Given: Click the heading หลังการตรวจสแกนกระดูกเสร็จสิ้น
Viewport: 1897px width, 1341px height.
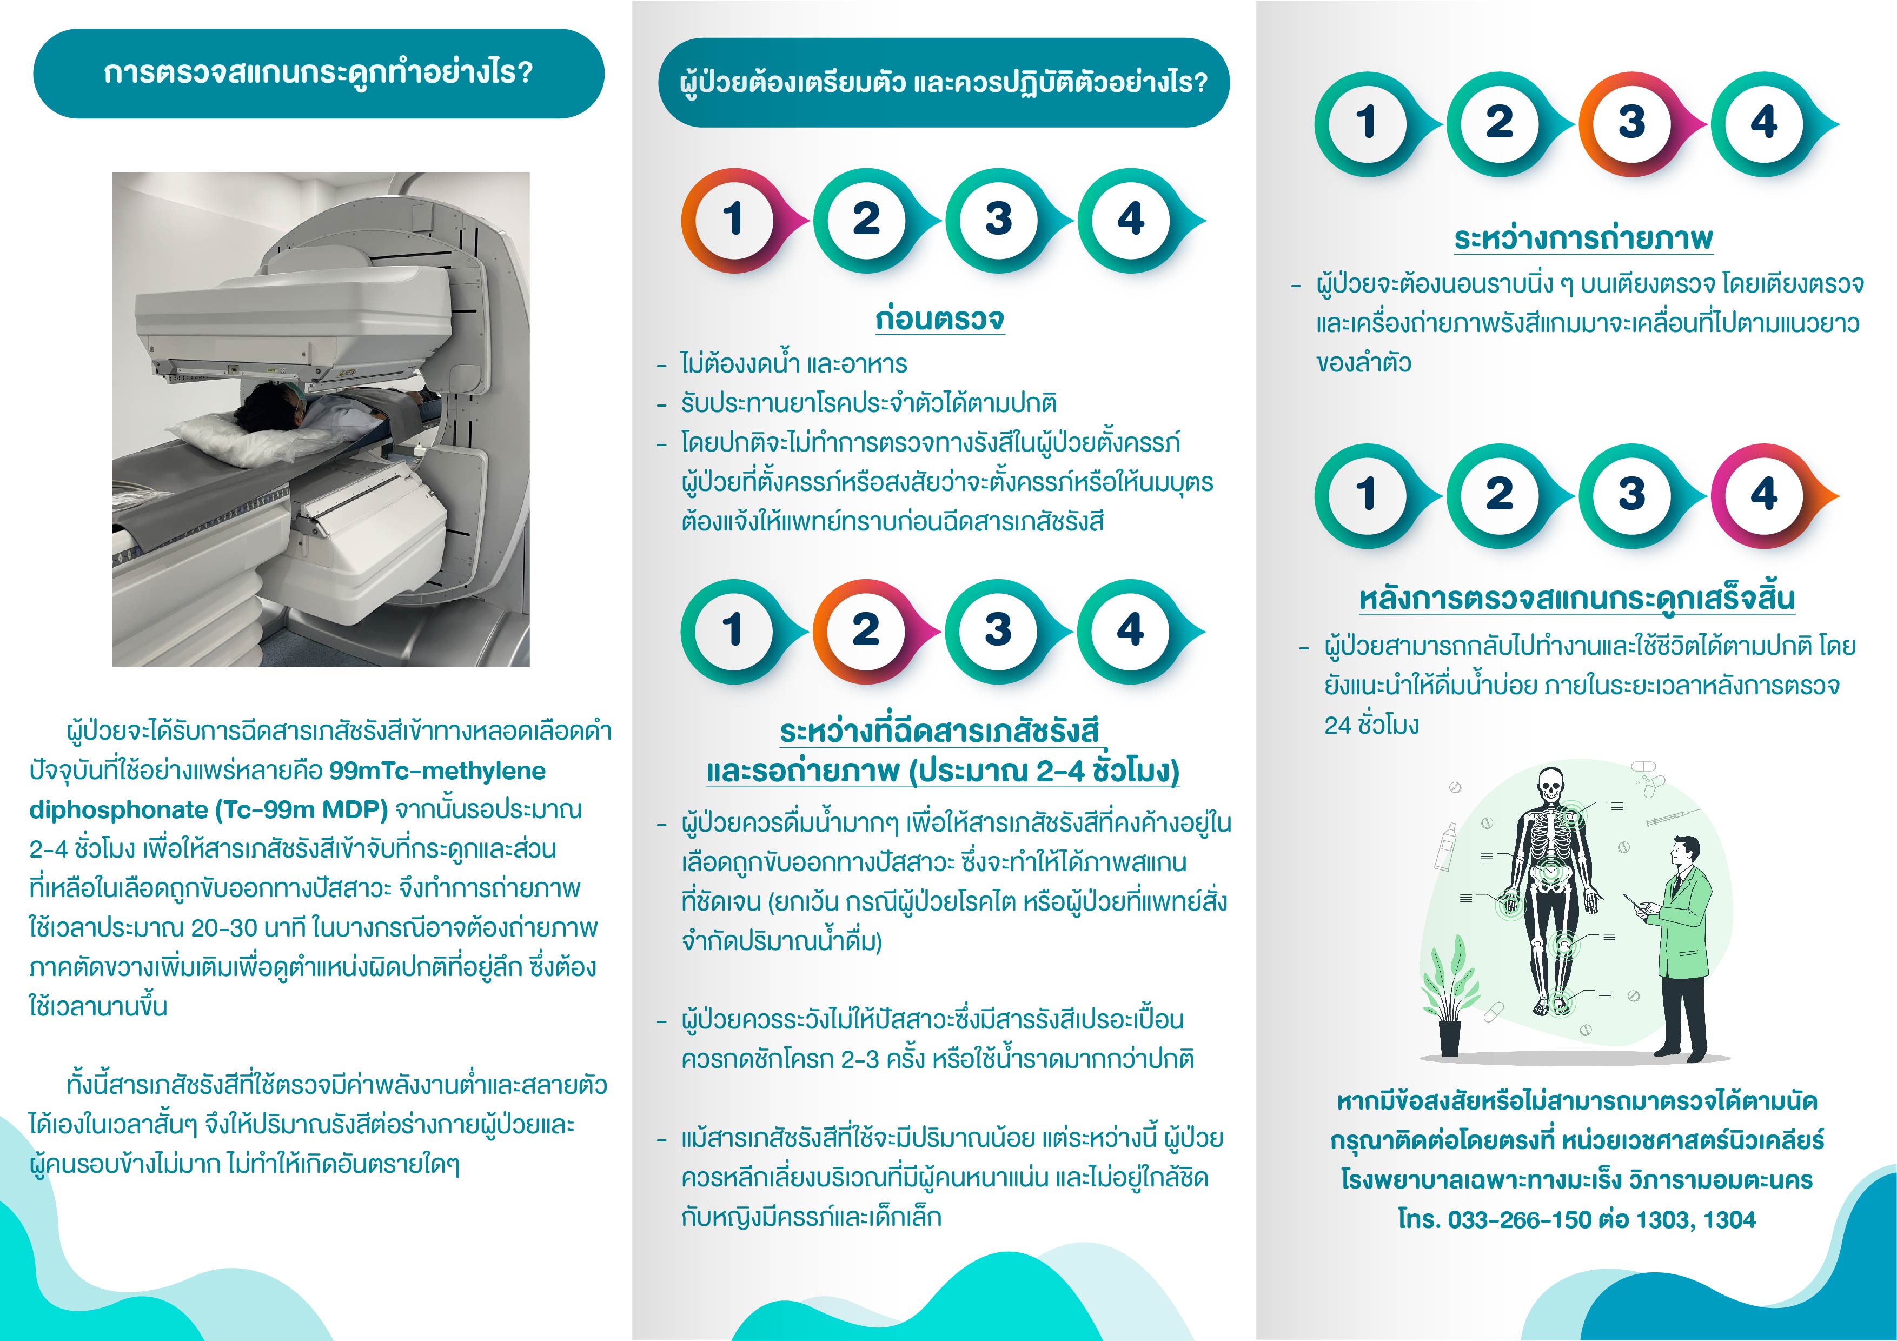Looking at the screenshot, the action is [1576, 598].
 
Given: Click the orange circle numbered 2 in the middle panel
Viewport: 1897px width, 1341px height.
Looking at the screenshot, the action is [865, 631].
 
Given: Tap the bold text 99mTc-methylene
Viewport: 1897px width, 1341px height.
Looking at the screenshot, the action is [437, 771].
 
